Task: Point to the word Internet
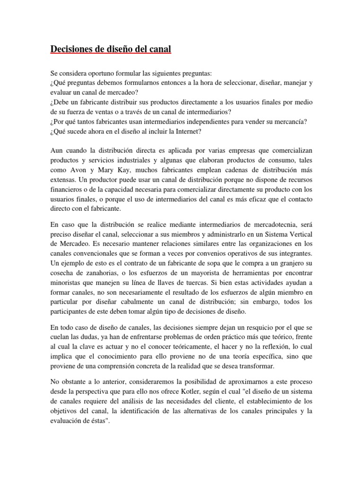(175, 132)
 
